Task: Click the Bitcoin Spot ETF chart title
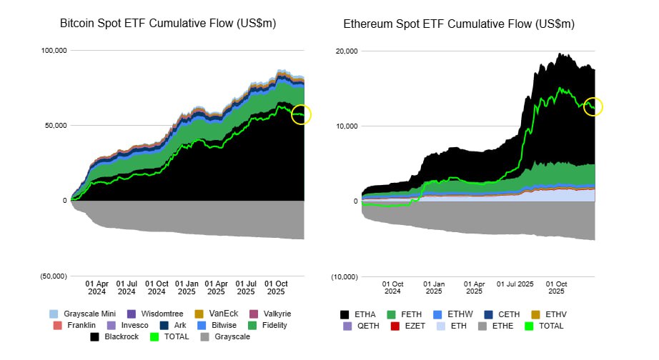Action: tap(168, 24)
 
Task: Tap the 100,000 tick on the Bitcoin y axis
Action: tap(54, 51)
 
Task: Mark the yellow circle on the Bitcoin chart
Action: tap(302, 114)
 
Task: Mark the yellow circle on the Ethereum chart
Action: tap(594, 106)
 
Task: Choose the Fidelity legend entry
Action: tap(267, 325)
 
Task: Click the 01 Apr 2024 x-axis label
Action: tap(96, 286)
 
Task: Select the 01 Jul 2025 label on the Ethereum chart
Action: tap(515, 286)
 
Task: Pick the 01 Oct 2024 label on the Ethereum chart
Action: tap(392, 286)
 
